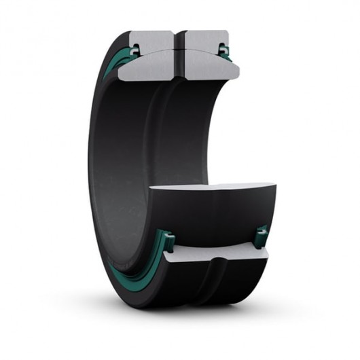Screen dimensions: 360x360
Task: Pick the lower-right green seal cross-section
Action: tap(261, 234)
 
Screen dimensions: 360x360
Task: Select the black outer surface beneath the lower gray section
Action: tap(217, 285)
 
